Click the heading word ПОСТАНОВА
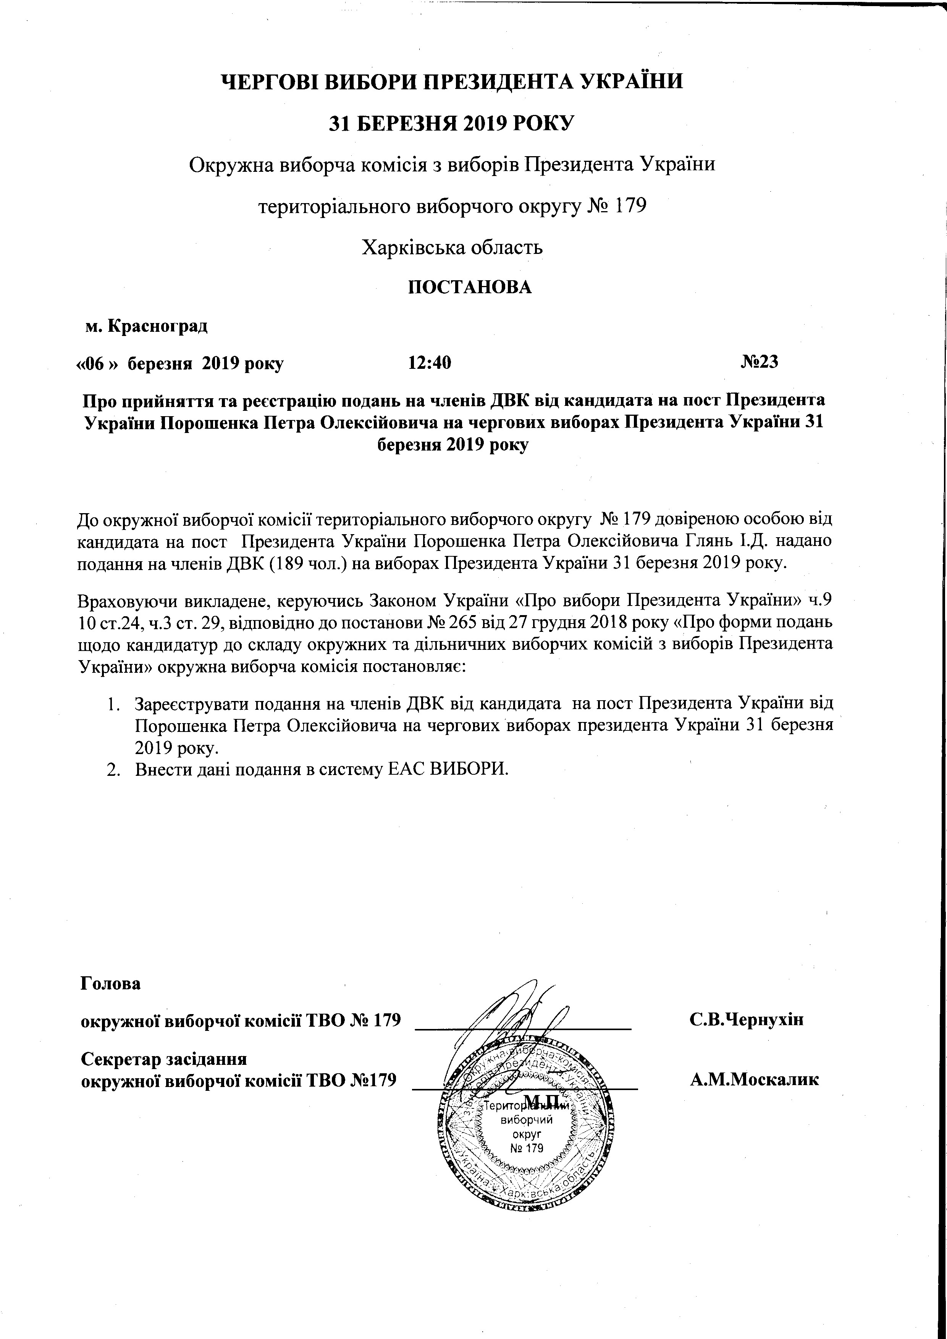(x=469, y=287)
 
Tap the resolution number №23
(x=759, y=362)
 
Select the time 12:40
(x=430, y=363)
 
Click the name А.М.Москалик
(x=755, y=1079)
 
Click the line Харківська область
(x=452, y=247)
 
